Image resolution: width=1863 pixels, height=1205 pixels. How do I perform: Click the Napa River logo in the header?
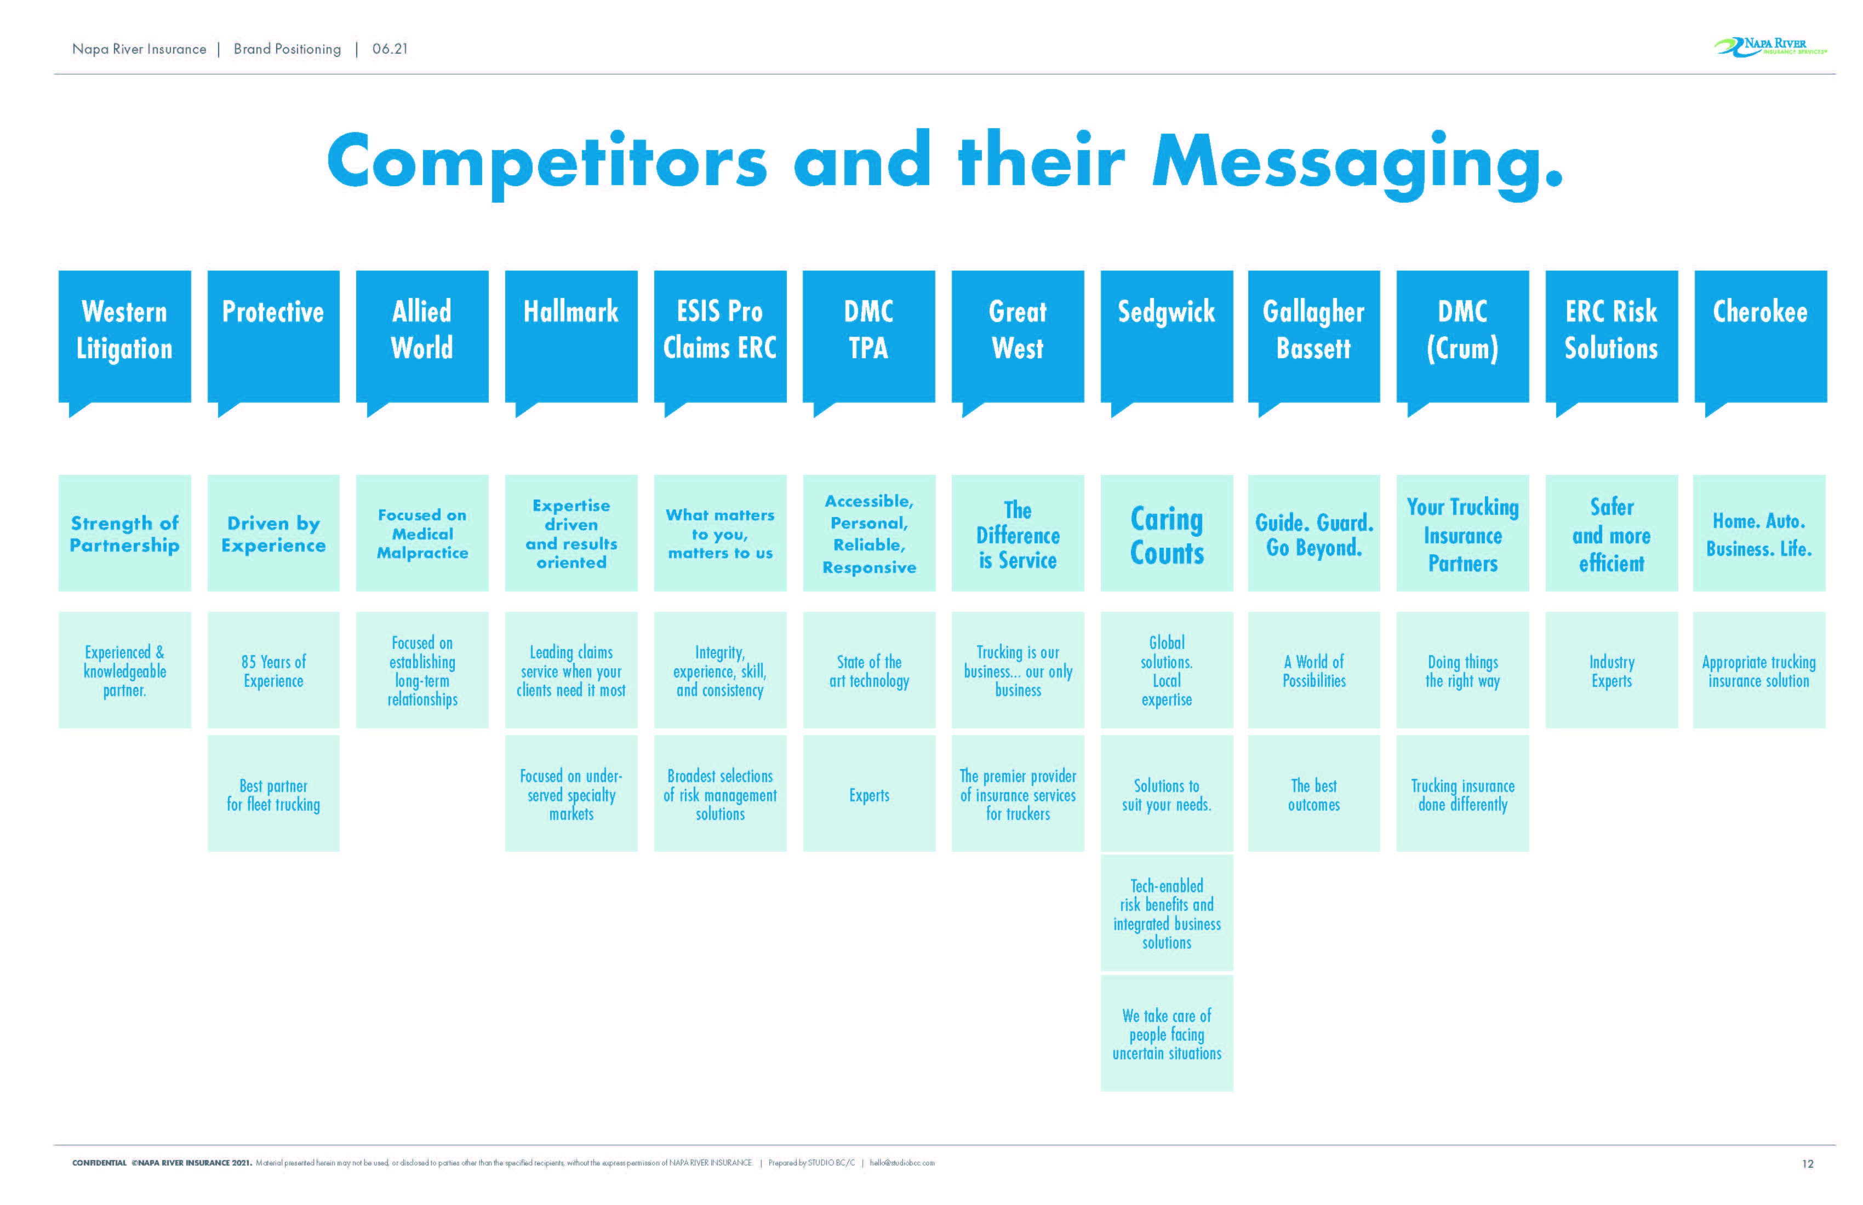[x=1770, y=47]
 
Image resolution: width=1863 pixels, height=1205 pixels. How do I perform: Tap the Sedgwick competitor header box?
[x=1167, y=336]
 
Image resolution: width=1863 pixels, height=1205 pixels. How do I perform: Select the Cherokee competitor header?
[x=1759, y=336]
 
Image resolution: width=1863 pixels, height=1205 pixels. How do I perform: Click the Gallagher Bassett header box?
[x=1313, y=336]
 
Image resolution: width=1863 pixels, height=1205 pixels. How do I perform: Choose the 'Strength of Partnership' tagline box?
[x=124, y=533]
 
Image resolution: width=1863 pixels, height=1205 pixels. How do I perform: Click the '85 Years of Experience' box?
[x=273, y=670]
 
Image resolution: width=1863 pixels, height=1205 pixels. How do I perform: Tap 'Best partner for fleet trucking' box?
[x=273, y=794]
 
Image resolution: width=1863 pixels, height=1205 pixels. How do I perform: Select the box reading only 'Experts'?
[x=869, y=794]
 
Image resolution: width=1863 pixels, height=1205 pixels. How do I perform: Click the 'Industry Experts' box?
[x=1611, y=670]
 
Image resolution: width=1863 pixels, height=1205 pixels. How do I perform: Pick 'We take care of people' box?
[x=1167, y=1034]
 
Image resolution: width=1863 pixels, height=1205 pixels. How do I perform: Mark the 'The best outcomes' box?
[x=1313, y=794]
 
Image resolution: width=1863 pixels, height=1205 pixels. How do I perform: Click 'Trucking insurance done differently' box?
[x=1462, y=794]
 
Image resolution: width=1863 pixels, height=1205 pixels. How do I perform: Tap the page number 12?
[x=1808, y=1163]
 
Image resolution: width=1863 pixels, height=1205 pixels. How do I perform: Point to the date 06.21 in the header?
[x=390, y=49]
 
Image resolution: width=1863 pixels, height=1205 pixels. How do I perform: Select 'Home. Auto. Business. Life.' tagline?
[x=1759, y=533]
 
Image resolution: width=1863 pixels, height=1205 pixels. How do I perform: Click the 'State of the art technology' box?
[x=869, y=670]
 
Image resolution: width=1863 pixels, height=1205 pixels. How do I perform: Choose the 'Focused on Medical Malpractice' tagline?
[x=422, y=533]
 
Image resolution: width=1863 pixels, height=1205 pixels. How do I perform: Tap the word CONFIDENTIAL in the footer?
[x=99, y=1163]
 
